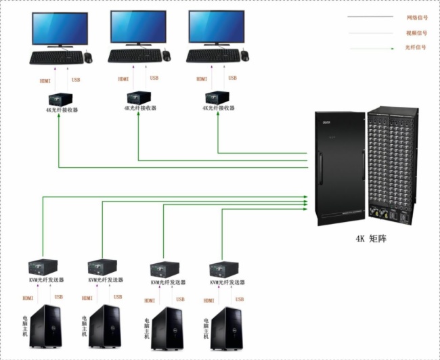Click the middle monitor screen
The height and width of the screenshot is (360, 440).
click(137, 27)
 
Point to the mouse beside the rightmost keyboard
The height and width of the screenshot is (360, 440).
click(244, 55)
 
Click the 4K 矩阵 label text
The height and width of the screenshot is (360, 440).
click(372, 239)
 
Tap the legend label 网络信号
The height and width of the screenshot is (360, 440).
click(416, 18)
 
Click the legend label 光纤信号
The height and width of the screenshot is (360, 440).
click(416, 47)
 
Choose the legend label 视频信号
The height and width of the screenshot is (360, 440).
click(416, 32)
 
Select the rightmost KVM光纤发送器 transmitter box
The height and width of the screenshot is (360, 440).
click(225, 268)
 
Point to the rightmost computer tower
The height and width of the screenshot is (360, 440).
click(226, 330)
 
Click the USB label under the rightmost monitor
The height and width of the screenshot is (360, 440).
click(232, 78)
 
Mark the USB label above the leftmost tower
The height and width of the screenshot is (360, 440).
click(58, 297)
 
